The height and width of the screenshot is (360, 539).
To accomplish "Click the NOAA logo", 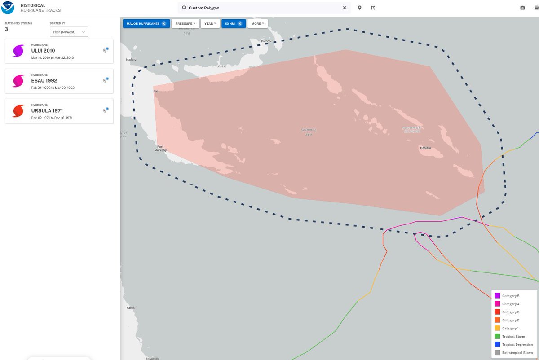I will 8,8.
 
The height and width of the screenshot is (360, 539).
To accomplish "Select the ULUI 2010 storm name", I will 43,51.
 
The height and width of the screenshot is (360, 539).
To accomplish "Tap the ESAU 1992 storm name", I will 44,81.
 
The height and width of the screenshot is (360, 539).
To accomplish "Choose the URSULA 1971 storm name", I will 47,111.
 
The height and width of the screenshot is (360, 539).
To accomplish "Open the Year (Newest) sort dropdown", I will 69,32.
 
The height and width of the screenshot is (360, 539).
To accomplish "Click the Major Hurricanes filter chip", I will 146,23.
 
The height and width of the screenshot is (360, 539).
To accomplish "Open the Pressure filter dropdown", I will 185,23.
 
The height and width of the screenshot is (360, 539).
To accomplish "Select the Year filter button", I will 210,23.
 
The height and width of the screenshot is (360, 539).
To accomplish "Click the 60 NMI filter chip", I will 234,23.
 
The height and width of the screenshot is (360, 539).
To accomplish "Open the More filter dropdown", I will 257,23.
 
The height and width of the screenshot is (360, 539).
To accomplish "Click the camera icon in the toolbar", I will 522,8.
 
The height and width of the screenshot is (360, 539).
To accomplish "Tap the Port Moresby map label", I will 160,149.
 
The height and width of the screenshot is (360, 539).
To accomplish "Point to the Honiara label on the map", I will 425,147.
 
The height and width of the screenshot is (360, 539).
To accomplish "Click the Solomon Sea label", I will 309,132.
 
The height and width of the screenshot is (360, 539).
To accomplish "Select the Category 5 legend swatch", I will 497,296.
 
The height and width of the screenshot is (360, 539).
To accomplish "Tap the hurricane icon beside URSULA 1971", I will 18,111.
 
